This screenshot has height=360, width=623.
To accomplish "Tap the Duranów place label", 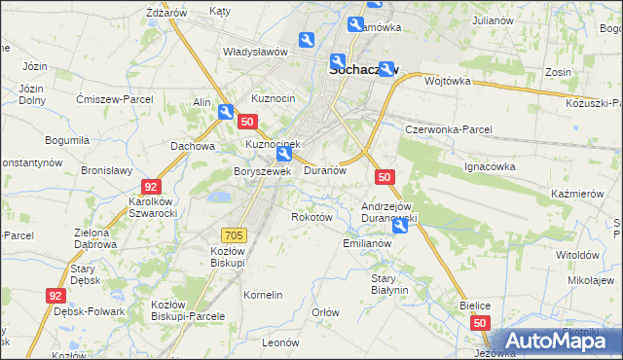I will click(325, 169).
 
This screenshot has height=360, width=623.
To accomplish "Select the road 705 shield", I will click(235, 234).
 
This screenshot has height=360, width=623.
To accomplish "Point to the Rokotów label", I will click(312, 217).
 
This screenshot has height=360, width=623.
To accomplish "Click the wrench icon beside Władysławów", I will click(307, 40).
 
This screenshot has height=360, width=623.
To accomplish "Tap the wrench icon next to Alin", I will click(226, 113).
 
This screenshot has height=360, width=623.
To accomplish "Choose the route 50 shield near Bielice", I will click(479, 321).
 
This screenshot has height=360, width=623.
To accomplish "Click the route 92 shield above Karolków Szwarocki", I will click(150, 186).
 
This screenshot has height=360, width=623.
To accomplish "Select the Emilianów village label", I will click(367, 243).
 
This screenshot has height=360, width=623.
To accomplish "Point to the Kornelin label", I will click(263, 295).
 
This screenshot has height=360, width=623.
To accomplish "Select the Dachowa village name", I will click(192, 146).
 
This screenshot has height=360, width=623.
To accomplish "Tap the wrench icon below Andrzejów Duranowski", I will click(400, 227).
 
